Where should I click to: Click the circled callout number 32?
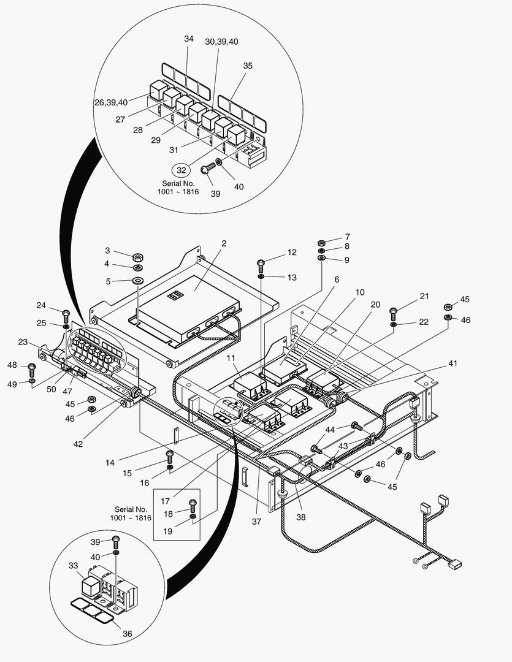(x=181, y=170)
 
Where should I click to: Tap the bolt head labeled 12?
(x=261, y=264)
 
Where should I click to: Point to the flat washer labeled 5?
(x=137, y=281)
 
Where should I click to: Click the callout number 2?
(x=224, y=243)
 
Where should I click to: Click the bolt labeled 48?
(x=32, y=369)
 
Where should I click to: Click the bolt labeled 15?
(x=170, y=455)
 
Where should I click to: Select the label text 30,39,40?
(x=221, y=41)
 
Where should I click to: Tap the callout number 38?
(x=300, y=517)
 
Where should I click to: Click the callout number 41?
(x=453, y=363)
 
